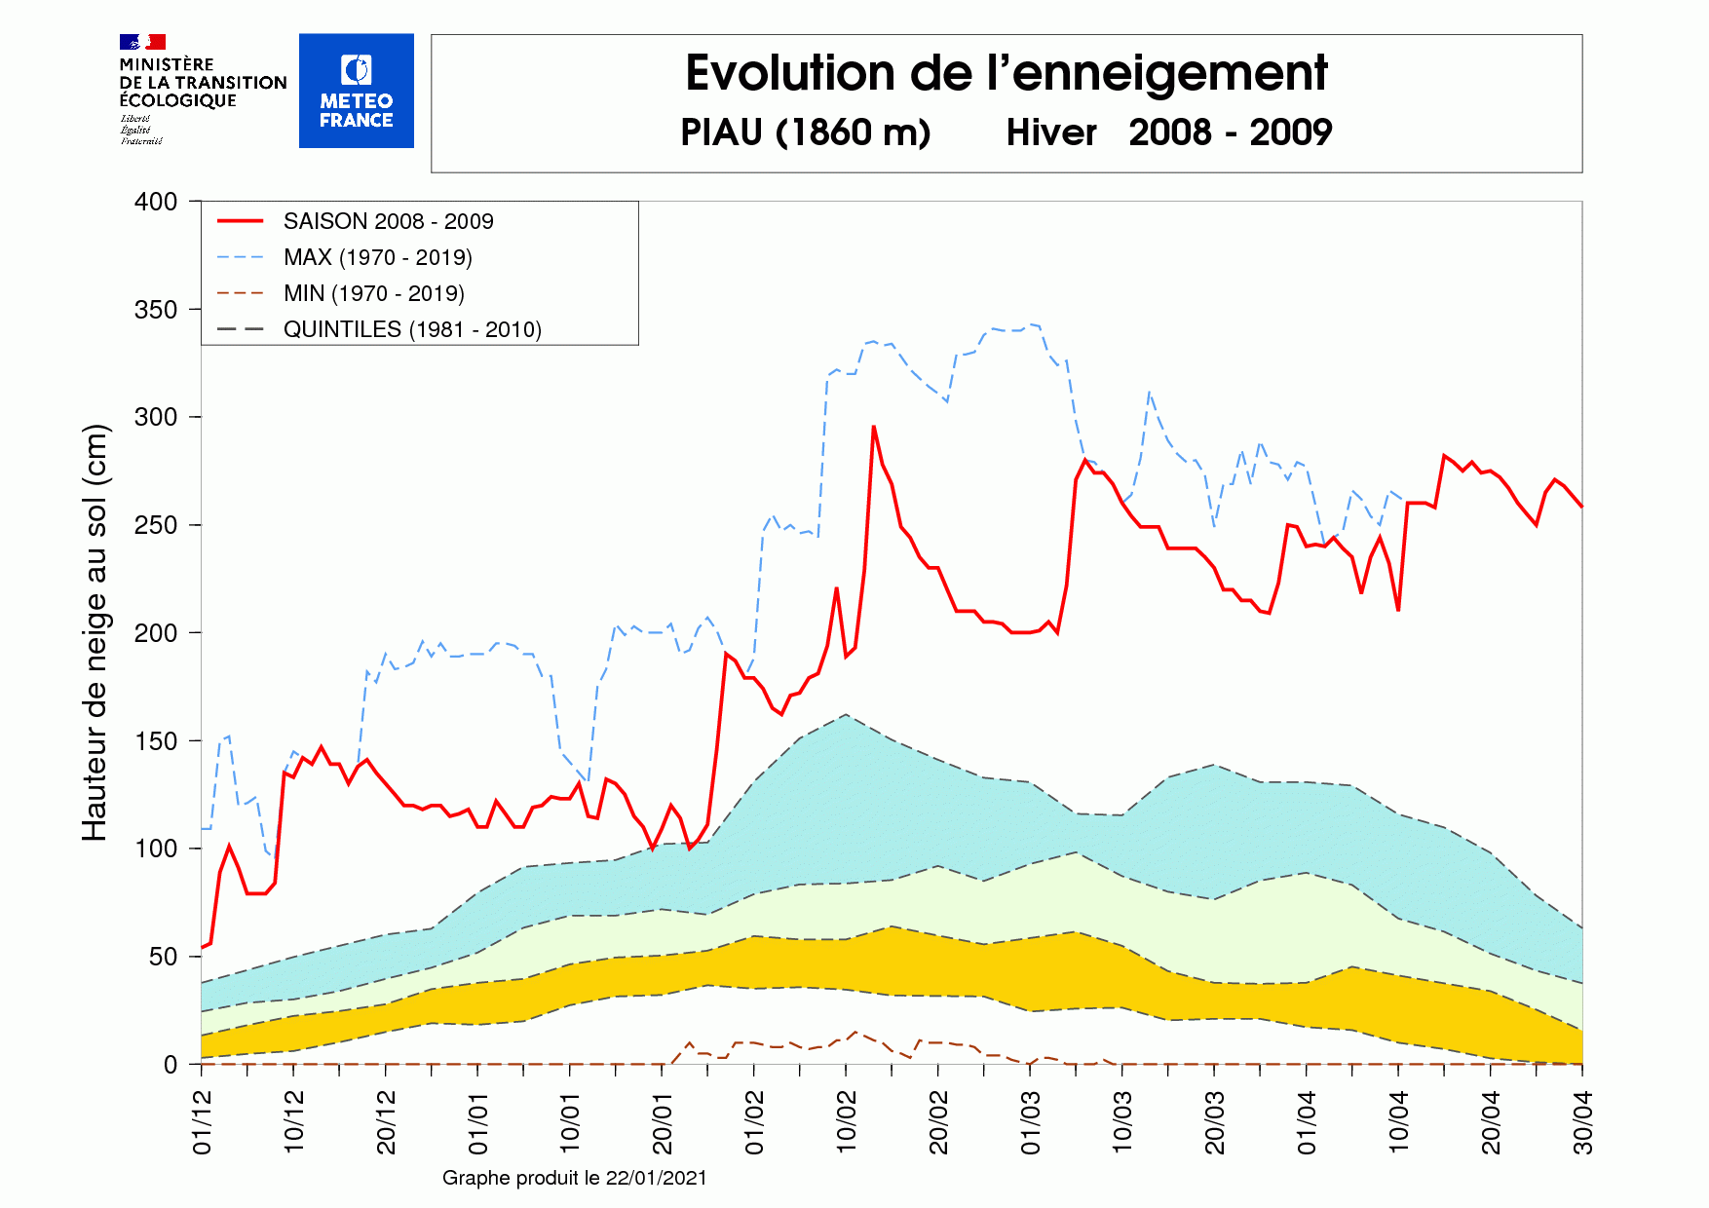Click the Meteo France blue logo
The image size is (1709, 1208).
pyautogui.click(x=356, y=91)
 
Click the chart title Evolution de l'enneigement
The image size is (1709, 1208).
pyautogui.click(x=1006, y=73)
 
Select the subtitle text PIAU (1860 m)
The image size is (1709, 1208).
pyautogui.click(x=805, y=132)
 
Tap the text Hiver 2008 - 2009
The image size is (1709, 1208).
pyautogui.click(x=1168, y=132)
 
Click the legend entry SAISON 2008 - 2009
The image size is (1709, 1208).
pyautogui.click(x=388, y=221)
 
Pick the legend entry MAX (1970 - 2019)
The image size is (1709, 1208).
pyautogui.click(x=377, y=257)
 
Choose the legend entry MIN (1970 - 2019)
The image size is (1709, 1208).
pyautogui.click(x=373, y=293)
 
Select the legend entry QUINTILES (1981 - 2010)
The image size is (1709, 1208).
pyautogui.click(x=412, y=329)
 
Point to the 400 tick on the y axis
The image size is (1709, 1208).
pyautogui.click(x=156, y=202)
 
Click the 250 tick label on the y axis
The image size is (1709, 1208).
pyautogui.click(x=156, y=525)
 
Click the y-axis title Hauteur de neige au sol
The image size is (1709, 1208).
pyautogui.click(x=95, y=633)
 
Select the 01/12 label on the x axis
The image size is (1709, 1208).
pyautogui.click(x=203, y=1122)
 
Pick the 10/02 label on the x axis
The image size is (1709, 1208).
pyautogui.click(x=847, y=1122)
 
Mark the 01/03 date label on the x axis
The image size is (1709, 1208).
pyautogui.click(x=1031, y=1122)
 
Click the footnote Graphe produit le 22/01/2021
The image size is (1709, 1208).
pyautogui.click(x=574, y=1178)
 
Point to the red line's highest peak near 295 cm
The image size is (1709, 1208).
pyautogui.click(x=873, y=427)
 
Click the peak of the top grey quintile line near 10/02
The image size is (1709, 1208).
pyautogui.click(x=845, y=715)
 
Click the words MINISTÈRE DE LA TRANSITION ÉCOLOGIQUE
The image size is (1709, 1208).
pyautogui.click(x=203, y=83)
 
